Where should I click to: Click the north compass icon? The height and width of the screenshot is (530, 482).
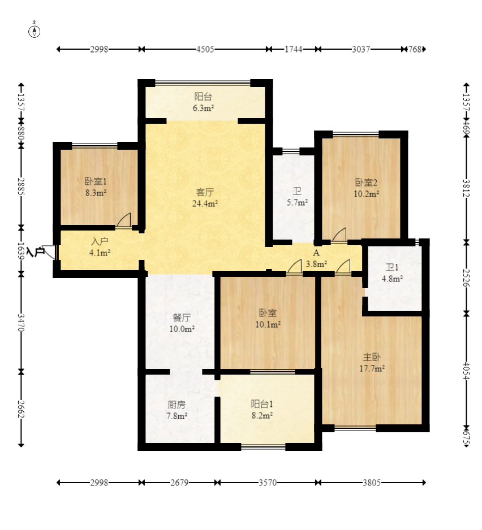click(x=34, y=31)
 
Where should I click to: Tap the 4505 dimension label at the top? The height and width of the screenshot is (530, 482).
click(x=205, y=49)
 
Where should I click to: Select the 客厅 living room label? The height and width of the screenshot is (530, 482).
click(x=205, y=192)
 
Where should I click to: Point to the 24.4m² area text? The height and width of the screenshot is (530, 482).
click(x=205, y=203)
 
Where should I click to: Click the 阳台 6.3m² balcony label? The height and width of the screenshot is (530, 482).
click(x=203, y=102)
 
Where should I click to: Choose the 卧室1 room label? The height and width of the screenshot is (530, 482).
click(x=96, y=181)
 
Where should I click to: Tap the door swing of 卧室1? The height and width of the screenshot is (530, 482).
click(x=124, y=220)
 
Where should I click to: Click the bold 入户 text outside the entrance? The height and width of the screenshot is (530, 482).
click(x=35, y=252)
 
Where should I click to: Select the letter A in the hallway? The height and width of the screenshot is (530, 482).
click(x=316, y=253)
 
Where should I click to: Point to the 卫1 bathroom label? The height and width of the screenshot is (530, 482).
click(x=392, y=268)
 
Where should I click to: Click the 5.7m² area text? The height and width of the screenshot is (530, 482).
click(x=297, y=202)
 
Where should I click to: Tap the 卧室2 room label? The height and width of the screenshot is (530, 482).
click(x=366, y=183)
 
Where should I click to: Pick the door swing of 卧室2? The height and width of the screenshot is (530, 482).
click(x=339, y=235)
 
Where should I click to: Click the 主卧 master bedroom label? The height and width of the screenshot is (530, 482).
click(x=372, y=357)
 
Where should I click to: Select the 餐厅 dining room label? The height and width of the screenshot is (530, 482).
click(x=182, y=318)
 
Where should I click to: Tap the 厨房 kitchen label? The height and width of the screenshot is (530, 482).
click(x=177, y=405)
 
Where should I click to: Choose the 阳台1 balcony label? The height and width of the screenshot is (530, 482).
click(x=262, y=404)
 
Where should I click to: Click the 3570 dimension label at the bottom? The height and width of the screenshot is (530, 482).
click(x=268, y=483)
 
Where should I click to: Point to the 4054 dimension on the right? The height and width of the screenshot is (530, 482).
click(x=466, y=371)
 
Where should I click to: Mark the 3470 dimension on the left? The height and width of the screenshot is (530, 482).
click(x=21, y=323)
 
